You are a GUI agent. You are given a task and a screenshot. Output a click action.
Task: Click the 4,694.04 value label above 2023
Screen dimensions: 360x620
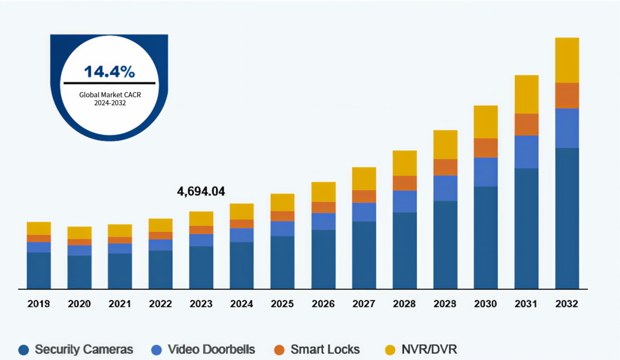(x=201, y=192)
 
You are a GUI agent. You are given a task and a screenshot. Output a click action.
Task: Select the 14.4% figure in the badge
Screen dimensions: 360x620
(x=110, y=72)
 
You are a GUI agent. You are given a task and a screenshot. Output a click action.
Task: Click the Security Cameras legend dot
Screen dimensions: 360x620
(x=24, y=350)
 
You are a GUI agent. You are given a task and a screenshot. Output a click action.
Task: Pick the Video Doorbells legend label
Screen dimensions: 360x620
(x=211, y=350)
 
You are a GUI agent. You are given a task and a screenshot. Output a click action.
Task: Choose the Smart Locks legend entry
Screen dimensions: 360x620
(x=325, y=350)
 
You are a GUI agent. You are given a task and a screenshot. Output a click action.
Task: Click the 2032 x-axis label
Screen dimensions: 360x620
(x=567, y=304)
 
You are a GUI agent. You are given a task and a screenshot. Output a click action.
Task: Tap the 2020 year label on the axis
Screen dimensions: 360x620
(x=79, y=304)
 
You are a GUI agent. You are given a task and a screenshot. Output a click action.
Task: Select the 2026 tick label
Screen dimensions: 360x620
(x=323, y=304)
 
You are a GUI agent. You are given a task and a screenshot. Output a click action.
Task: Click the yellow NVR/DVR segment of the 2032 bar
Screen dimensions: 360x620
(x=567, y=60)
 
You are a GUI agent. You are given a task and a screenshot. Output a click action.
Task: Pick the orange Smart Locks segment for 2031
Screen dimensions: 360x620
(x=526, y=124)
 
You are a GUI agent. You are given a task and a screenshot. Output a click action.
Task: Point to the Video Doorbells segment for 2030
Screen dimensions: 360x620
(x=486, y=172)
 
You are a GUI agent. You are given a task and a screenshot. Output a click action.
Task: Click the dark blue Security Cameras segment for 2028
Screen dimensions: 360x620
(x=405, y=250)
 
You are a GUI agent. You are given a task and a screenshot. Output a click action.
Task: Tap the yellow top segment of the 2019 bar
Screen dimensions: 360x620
(x=39, y=229)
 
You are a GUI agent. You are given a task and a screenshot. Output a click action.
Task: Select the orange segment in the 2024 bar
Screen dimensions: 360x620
(x=242, y=224)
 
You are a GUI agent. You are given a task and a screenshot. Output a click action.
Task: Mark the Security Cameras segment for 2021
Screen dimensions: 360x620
(x=120, y=271)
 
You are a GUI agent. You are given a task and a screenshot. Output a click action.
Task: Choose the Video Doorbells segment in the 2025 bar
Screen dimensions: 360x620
(x=282, y=229)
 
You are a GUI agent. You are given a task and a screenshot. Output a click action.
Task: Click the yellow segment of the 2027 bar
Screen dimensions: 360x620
(x=364, y=179)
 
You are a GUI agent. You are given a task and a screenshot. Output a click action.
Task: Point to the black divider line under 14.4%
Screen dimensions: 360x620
(x=110, y=83)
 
